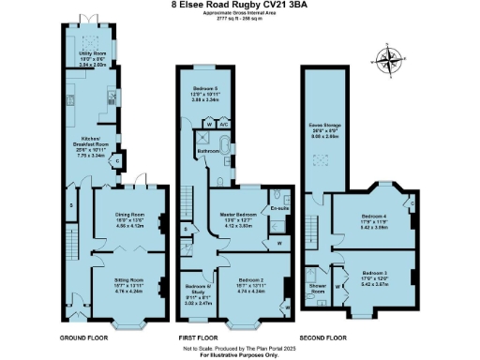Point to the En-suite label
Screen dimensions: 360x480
(x=278, y=207)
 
